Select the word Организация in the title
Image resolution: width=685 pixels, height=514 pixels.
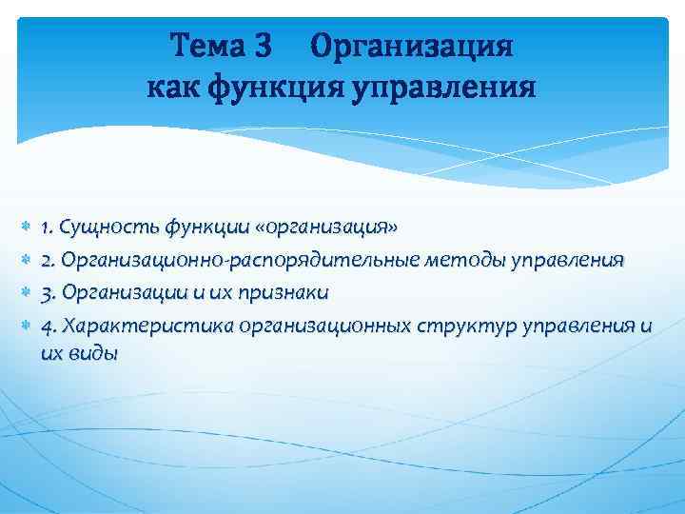412,46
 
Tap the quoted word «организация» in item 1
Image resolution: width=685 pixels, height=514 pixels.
322,228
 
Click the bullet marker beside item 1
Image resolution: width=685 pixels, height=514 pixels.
24,229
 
